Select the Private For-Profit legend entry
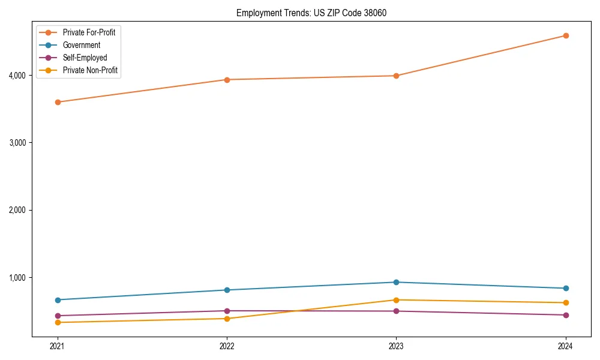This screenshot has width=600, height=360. [89, 32]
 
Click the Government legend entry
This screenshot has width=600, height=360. [82, 45]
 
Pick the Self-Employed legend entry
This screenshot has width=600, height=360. [85, 58]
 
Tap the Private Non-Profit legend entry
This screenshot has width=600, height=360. [90, 70]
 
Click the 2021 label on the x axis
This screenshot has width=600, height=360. [58, 346]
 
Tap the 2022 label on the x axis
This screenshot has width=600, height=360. [227, 346]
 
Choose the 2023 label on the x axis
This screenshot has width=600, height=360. [396, 346]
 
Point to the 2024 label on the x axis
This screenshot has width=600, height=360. [566, 346]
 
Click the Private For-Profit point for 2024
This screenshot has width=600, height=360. [566, 35]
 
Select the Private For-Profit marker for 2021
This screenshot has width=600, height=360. [58, 102]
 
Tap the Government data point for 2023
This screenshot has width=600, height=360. [396, 282]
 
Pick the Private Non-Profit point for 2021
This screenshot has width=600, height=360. [58, 322]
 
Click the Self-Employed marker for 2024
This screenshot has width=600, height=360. [566, 315]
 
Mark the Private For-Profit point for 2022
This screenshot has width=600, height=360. [227, 79]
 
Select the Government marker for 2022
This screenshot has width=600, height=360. [227, 290]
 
